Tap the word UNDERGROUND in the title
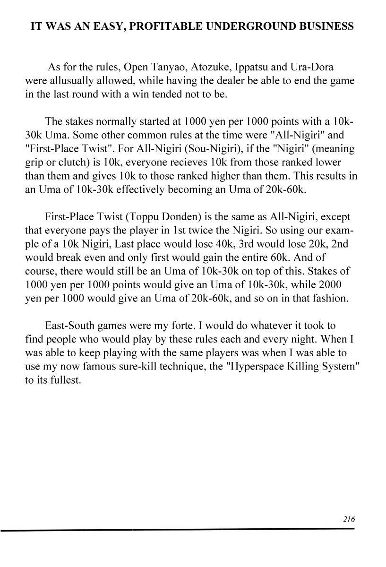click(x=256, y=26)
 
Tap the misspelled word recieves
click(x=142, y=163)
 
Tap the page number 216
click(x=349, y=519)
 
